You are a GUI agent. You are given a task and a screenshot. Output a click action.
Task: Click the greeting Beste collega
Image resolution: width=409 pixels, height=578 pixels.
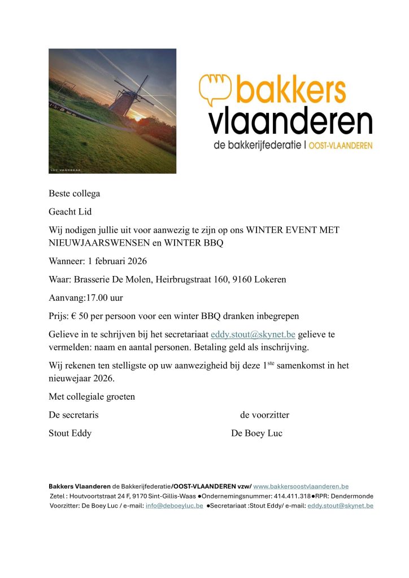(x=74, y=194)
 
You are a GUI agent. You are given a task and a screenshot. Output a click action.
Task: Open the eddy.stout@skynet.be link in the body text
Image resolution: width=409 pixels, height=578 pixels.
(x=253, y=334)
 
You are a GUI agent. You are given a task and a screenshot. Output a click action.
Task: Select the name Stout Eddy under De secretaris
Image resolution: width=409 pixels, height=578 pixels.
(x=70, y=433)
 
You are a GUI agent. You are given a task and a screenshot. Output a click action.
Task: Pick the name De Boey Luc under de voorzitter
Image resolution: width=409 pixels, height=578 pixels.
(x=256, y=433)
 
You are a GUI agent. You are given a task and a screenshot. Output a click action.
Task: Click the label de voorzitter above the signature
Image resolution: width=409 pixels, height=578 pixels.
(x=264, y=415)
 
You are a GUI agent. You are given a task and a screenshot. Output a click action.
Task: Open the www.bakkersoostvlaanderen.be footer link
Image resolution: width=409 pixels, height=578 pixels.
(x=301, y=486)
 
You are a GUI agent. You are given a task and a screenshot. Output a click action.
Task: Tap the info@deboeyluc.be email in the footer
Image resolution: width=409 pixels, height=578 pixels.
(x=174, y=506)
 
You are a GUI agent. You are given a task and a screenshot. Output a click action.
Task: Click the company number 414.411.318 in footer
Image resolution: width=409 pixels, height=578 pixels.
(x=290, y=496)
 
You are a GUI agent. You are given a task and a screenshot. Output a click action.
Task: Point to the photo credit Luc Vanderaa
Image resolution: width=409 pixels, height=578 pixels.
(x=66, y=169)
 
